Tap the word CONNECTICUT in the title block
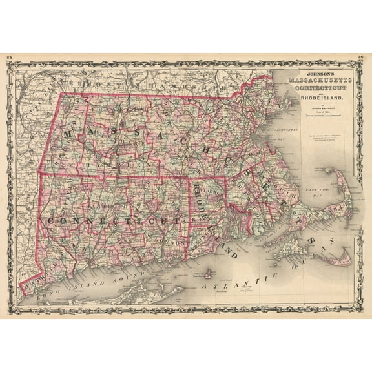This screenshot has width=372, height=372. click(x=322, y=87)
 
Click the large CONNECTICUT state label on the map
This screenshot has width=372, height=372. click(x=113, y=221)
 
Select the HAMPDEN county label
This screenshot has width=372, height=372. click(x=119, y=164)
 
